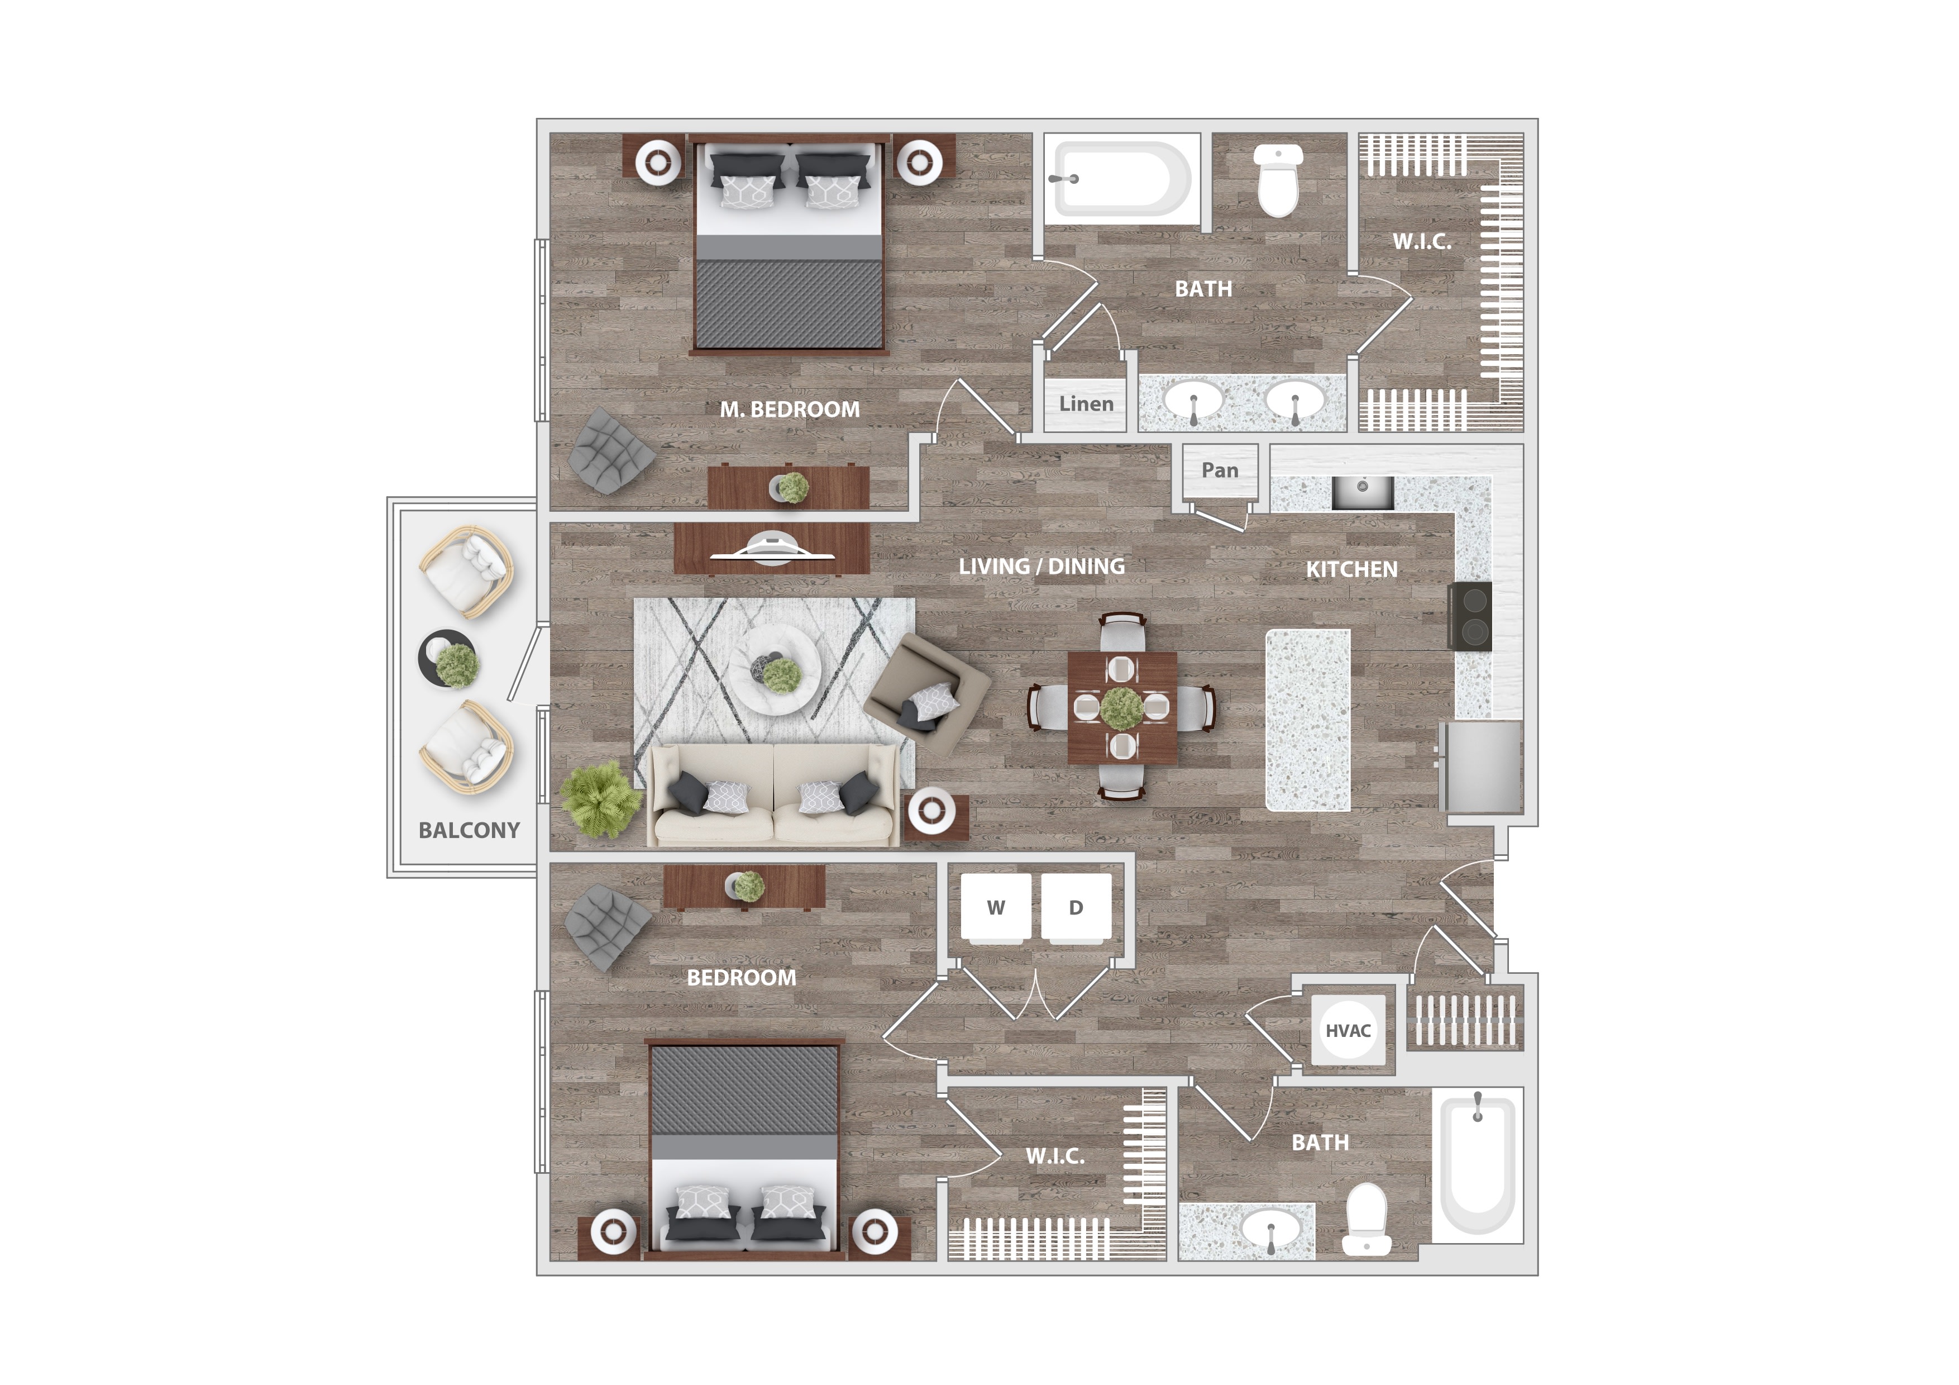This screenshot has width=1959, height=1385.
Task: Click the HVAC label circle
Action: (x=1348, y=1030)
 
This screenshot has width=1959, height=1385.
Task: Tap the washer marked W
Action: (x=996, y=908)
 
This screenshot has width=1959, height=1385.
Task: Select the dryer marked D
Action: (x=1076, y=908)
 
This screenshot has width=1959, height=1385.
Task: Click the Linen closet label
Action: (x=1086, y=403)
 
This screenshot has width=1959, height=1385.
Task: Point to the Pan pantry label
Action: (x=1219, y=470)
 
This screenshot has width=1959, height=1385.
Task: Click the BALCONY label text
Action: (x=469, y=830)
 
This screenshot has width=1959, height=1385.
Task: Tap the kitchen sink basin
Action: (x=1363, y=492)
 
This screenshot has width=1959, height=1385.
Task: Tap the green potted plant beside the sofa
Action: (x=600, y=799)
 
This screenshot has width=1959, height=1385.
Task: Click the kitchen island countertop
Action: (x=1308, y=720)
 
